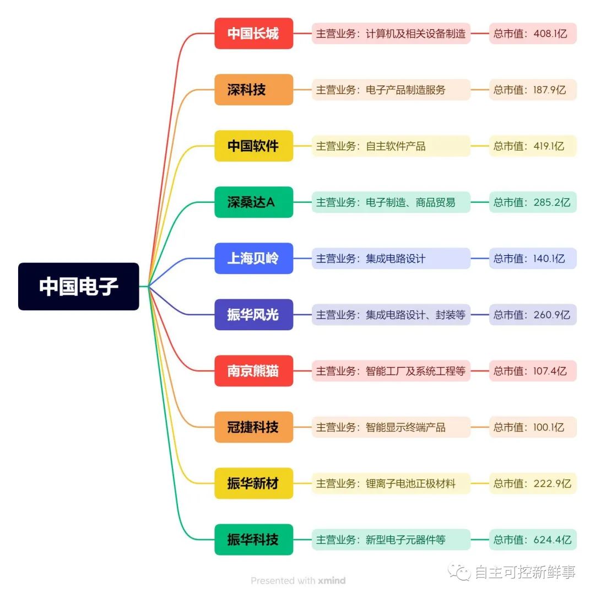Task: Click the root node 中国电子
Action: [79, 286]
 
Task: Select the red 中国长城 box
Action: [253, 33]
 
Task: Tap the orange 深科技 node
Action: [253, 90]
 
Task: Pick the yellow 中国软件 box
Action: [253, 146]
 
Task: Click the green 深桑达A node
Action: [253, 202]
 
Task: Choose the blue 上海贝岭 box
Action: [253, 258]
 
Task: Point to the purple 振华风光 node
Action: [253, 315]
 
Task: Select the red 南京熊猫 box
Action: [253, 371]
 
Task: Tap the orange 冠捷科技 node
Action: [253, 427]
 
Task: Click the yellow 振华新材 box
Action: [253, 483]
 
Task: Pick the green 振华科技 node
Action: [253, 540]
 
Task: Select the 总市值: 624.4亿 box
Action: [533, 540]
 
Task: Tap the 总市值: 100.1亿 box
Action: [533, 427]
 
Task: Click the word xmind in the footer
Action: [332, 580]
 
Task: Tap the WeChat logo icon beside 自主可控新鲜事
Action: [459, 572]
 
